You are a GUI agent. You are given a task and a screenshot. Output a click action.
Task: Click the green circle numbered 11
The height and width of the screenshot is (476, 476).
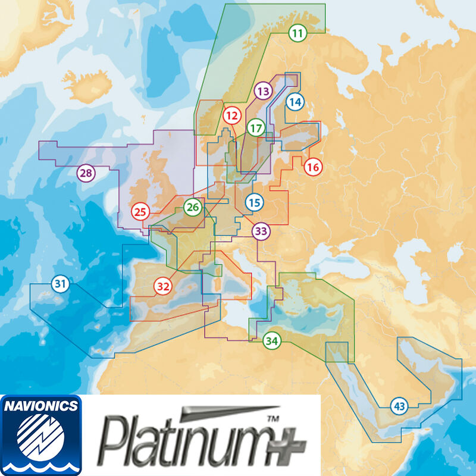point(297,33)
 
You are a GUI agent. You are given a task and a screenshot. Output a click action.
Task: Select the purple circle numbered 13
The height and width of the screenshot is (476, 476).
point(262,91)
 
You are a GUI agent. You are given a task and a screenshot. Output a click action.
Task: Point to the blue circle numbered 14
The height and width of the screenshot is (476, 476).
point(295,102)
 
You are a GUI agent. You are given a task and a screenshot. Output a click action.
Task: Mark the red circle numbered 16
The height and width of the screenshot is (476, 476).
point(313,167)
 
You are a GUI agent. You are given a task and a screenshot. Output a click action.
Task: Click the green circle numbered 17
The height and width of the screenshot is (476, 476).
point(256,128)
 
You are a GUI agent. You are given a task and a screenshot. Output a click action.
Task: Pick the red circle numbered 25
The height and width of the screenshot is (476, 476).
point(141,211)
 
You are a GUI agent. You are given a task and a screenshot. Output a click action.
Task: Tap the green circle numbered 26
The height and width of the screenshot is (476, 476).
point(192,208)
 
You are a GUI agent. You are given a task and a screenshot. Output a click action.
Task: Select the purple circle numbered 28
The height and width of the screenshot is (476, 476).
point(86,174)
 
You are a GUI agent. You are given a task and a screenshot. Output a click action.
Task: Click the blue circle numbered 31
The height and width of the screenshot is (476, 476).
point(59,284)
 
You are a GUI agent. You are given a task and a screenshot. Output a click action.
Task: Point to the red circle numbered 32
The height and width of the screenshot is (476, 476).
point(163,286)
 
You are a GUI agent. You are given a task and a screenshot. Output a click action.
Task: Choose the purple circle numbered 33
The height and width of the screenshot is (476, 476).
point(261,231)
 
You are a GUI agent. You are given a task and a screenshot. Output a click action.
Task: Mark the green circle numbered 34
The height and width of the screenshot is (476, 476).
point(271,341)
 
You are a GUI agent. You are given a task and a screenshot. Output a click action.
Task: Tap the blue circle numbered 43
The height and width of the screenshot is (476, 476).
point(400,407)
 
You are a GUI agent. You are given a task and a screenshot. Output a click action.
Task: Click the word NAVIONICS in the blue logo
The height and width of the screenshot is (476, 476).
point(40,407)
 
